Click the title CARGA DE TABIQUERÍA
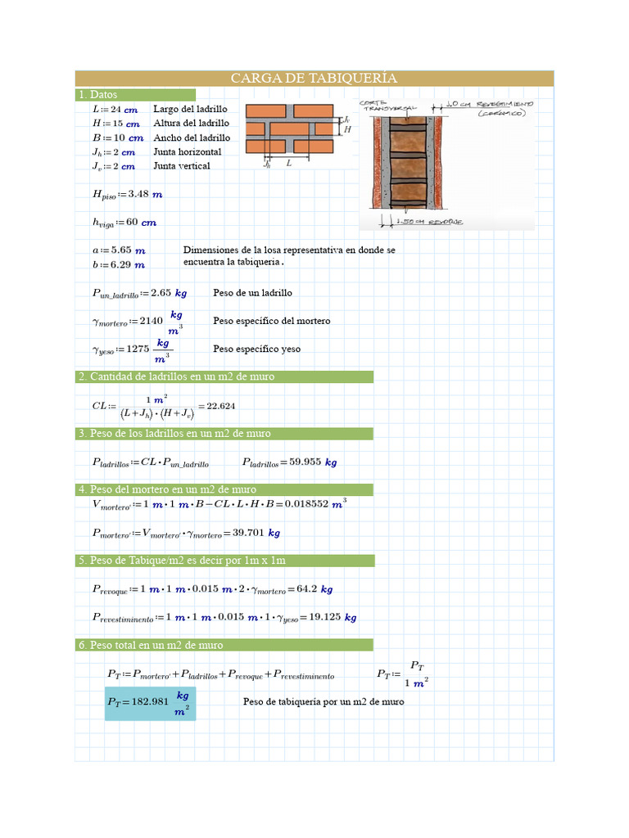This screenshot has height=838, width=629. pyautogui.click(x=314, y=79)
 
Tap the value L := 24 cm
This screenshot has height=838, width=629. pyautogui.click(x=115, y=110)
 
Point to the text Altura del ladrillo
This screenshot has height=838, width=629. pyautogui.click(x=191, y=124)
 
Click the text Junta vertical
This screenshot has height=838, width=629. pyautogui.click(x=182, y=166)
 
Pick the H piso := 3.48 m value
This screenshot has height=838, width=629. pyautogui.click(x=127, y=195)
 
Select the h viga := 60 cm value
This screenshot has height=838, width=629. pyautogui.click(x=124, y=223)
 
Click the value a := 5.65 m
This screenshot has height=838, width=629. pyautogui.click(x=119, y=250)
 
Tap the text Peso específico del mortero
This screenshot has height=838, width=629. pyautogui.click(x=271, y=321)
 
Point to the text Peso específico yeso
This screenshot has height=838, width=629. pyautogui.click(x=256, y=349)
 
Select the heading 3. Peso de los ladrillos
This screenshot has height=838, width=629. pyautogui.click(x=174, y=434)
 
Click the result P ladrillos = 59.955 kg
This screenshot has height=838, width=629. pyautogui.click(x=289, y=462)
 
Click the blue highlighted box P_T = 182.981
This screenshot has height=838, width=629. pyautogui.click(x=150, y=703)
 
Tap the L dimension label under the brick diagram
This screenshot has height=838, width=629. pyautogui.click(x=288, y=163)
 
